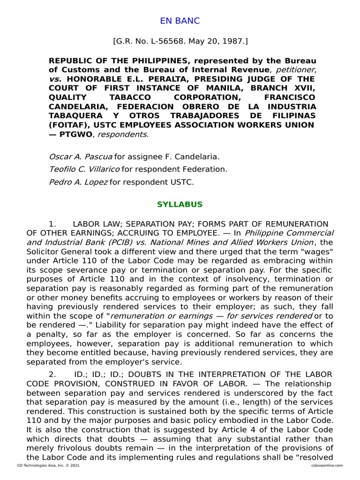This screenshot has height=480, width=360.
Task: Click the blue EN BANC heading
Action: pos(180,21)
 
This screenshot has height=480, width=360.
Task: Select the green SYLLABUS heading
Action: pos(180,204)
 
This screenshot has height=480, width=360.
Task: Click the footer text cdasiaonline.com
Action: pos(327,465)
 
